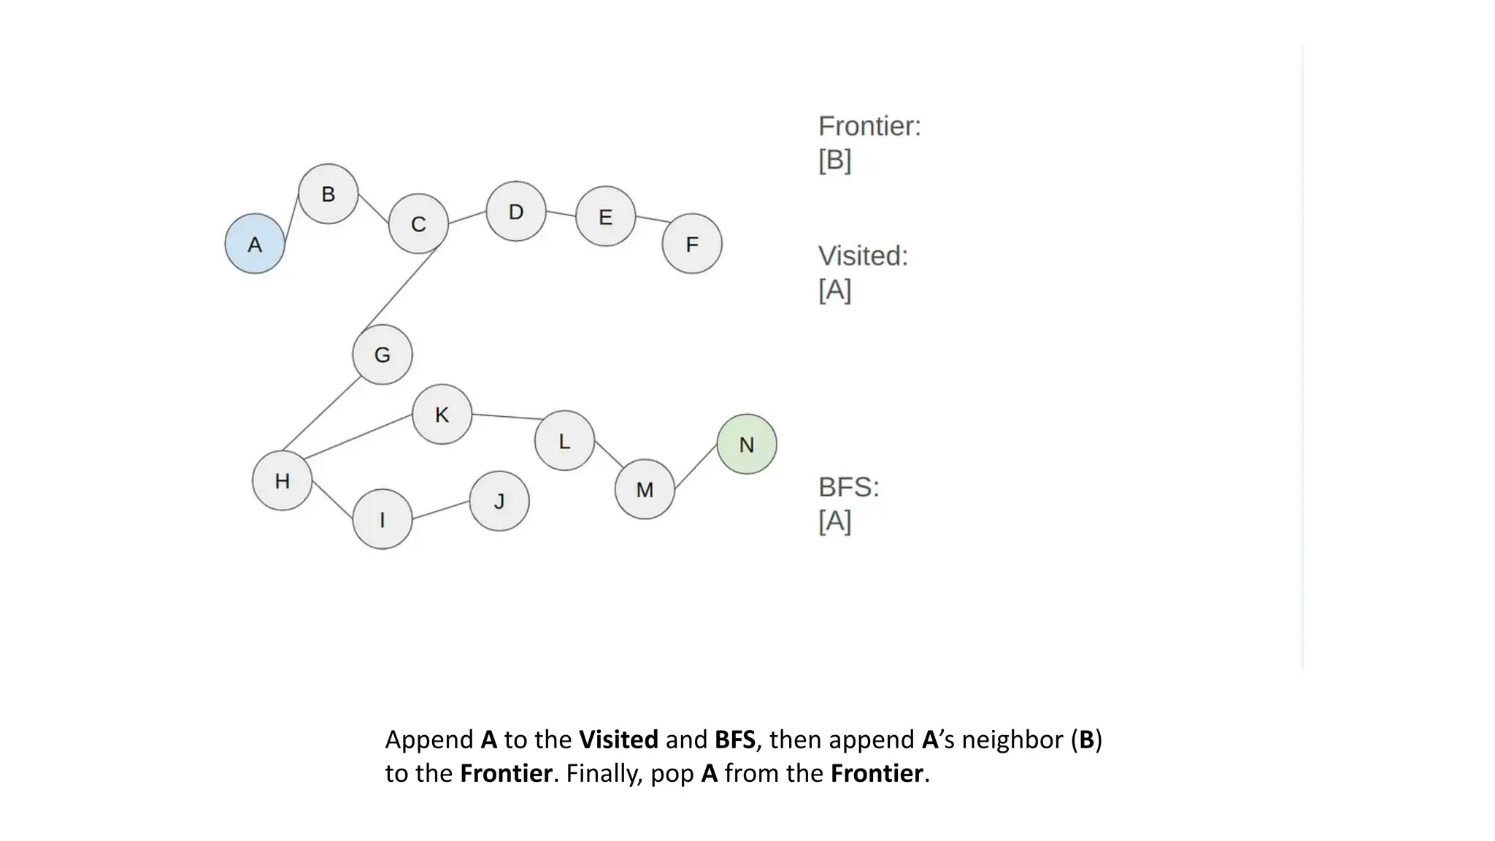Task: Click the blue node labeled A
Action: click(254, 244)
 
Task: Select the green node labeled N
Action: click(746, 444)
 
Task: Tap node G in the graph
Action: click(382, 355)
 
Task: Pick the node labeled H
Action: click(282, 480)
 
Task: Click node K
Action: click(442, 415)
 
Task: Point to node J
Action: click(499, 501)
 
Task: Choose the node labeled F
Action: click(691, 244)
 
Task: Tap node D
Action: click(515, 212)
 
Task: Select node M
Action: click(644, 489)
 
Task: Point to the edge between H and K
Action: click(358, 437)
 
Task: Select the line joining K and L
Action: click(507, 417)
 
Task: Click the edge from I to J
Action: click(441, 510)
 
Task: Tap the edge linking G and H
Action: click(322, 413)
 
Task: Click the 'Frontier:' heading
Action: click(869, 126)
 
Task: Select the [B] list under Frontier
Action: click(835, 160)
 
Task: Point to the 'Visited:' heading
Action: click(863, 256)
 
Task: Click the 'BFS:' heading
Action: click(849, 487)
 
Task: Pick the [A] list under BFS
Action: click(835, 521)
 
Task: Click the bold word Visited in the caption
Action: click(618, 740)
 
